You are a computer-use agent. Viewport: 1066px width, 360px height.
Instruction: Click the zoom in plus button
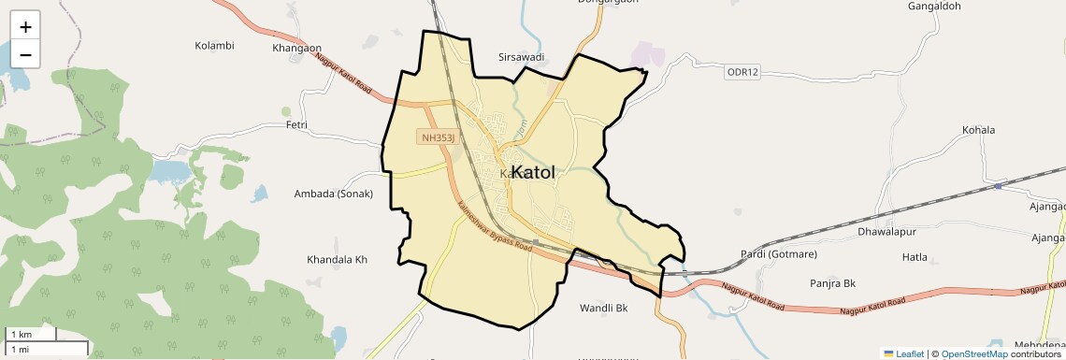pyautogui.click(x=25, y=27)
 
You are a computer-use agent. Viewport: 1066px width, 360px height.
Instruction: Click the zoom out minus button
pyautogui.click(x=25, y=54)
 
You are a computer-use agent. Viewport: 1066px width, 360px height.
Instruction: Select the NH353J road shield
pyautogui.click(x=438, y=137)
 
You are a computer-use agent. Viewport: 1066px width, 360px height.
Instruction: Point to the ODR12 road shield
pyautogui.click(x=742, y=72)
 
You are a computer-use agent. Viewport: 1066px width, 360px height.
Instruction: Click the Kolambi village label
pyautogui.click(x=214, y=45)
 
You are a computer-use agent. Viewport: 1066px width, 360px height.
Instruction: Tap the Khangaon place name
pyautogui.click(x=296, y=48)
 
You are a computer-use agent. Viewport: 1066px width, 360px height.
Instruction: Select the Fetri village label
pyautogui.click(x=296, y=124)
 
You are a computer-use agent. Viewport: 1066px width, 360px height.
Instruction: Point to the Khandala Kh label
pyautogui.click(x=338, y=259)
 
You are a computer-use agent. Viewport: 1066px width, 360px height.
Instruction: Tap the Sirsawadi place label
pyautogui.click(x=522, y=57)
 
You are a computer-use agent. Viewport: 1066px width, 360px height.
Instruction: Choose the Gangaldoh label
pyautogui.click(x=934, y=7)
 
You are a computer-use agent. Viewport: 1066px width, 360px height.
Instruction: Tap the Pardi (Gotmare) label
pyautogui.click(x=779, y=254)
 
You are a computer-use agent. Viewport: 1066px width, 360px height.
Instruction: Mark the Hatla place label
pyautogui.click(x=915, y=256)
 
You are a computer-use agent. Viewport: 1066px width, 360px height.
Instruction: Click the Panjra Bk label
pyautogui.click(x=834, y=282)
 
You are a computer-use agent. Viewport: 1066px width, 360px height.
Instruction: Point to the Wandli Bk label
pyautogui.click(x=603, y=308)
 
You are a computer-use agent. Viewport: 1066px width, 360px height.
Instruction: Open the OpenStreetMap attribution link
pyautogui.click(x=974, y=353)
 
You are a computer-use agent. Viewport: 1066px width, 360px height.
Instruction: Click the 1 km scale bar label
pyautogui.click(x=21, y=335)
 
